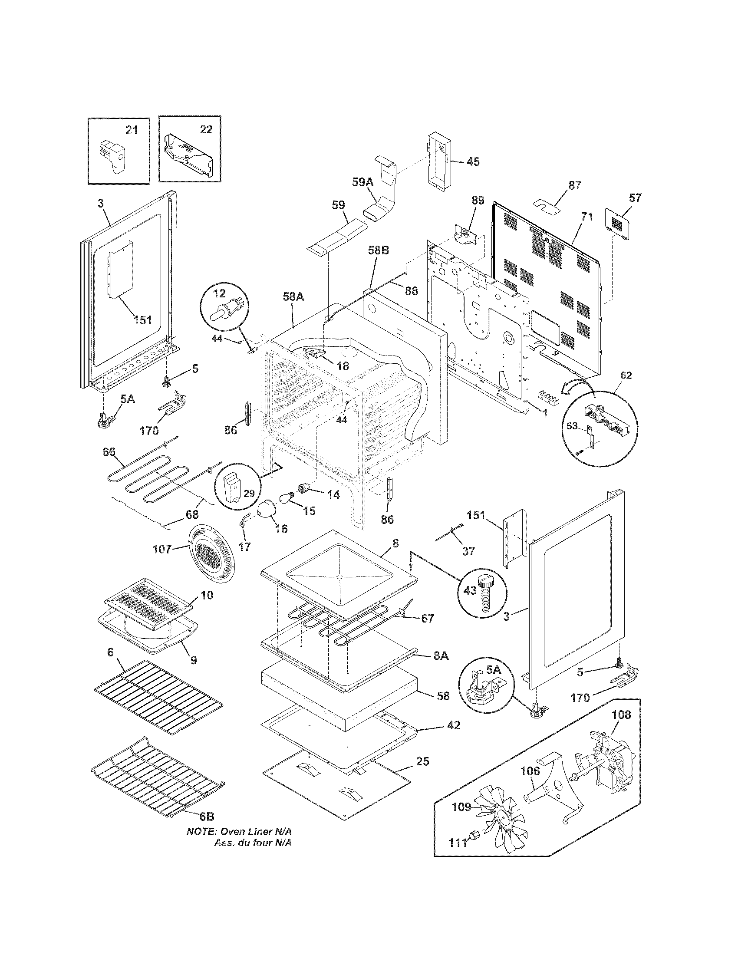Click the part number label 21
click(x=132, y=130)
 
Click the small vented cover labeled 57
click(x=617, y=224)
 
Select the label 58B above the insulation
click(x=379, y=250)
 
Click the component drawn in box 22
click(x=188, y=155)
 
